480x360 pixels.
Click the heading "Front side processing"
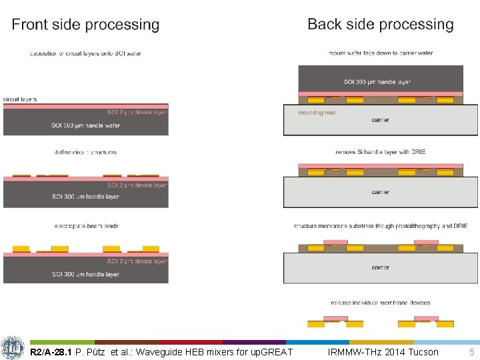(85, 25)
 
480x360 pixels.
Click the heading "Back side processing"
(381, 25)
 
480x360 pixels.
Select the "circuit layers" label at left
(20, 99)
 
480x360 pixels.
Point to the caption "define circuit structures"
(85, 152)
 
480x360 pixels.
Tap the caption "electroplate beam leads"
(86, 226)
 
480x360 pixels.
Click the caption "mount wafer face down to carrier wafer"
(381, 53)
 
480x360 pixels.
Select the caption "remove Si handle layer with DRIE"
(380, 152)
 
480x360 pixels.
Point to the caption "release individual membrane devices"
(380, 303)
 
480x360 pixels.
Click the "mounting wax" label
(317, 113)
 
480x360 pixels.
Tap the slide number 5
(472, 352)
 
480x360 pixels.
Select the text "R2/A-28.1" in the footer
(51, 352)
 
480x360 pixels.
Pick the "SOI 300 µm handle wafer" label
(85, 125)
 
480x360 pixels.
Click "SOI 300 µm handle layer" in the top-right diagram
(377, 82)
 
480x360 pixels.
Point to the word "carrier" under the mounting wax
(381, 120)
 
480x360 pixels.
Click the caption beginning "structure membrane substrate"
(381, 226)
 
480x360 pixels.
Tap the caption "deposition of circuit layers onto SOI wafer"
(85, 53)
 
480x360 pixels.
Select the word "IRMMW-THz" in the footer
(350, 352)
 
